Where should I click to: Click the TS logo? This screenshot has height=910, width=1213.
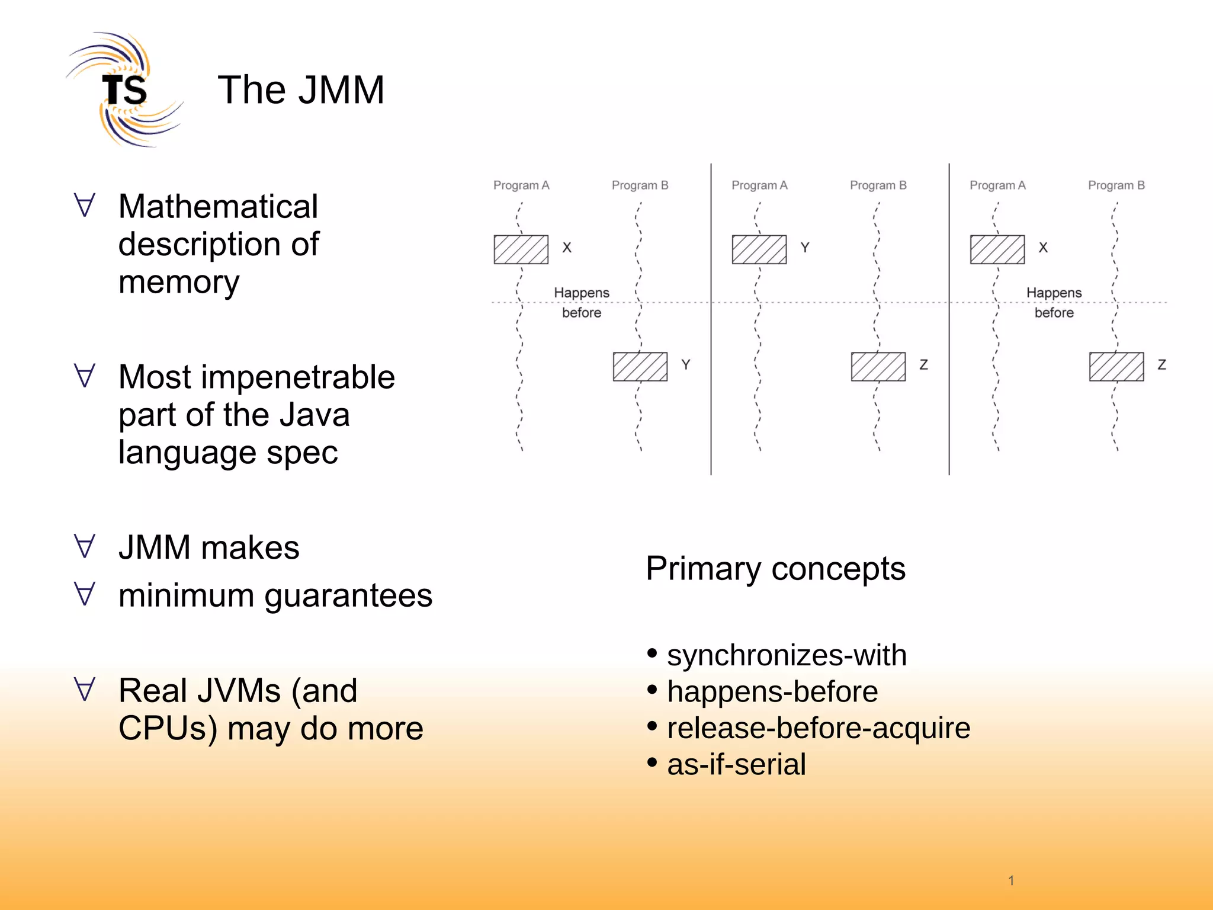pyautogui.click(x=124, y=90)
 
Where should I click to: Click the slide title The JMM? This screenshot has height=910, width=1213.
pyautogui.click(x=301, y=90)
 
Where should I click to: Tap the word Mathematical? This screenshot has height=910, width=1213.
pyautogui.click(x=218, y=207)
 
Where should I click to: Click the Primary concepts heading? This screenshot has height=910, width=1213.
pyautogui.click(x=775, y=569)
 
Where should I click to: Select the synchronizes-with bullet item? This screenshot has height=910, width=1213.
pyautogui.click(x=787, y=655)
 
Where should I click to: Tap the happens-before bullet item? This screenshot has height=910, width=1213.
pyautogui.click(x=772, y=691)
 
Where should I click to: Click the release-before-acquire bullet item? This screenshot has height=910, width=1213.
pyautogui.click(x=818, y=728)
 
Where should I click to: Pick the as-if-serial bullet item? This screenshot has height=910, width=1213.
pyautogui.click(x=736, y=764)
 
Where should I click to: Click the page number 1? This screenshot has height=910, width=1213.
pyautogui.click(x=1011, y=880)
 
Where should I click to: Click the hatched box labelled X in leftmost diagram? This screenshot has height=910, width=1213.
pyautogui.click(x=521, y=249)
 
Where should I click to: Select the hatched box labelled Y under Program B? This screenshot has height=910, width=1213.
pyautogui.click(x=640, y=367)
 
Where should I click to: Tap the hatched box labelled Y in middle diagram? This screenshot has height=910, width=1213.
pyautogui.click(x=759, y=249)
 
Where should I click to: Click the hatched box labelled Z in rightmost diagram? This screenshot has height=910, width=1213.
pyautogui.click(x=1116, y=367)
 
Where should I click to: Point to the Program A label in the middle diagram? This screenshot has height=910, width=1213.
pyautogui.click(x=759, y=185)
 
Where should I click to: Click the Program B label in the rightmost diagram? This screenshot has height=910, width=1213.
pyautogui.click(x=1116, y=185)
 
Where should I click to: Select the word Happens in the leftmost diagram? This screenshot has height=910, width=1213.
pyautogui.click(x=582, y=293)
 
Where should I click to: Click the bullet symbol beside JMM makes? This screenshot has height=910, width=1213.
pyautogui.click(x=85, y=546)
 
